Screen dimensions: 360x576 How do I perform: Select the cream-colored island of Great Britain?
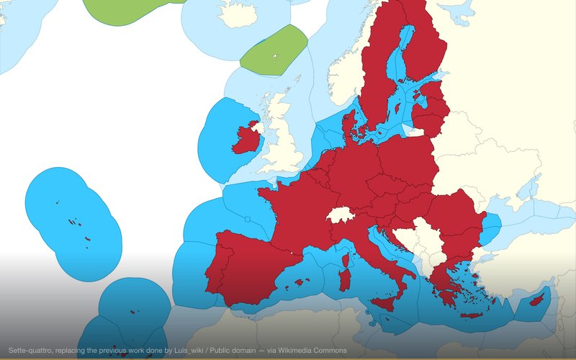coord(281,137)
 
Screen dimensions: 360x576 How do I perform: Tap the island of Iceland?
coord(234,11)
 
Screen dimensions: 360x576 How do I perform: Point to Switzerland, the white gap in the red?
coord(338,215)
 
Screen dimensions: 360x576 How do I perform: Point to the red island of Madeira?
coord(134,311)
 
